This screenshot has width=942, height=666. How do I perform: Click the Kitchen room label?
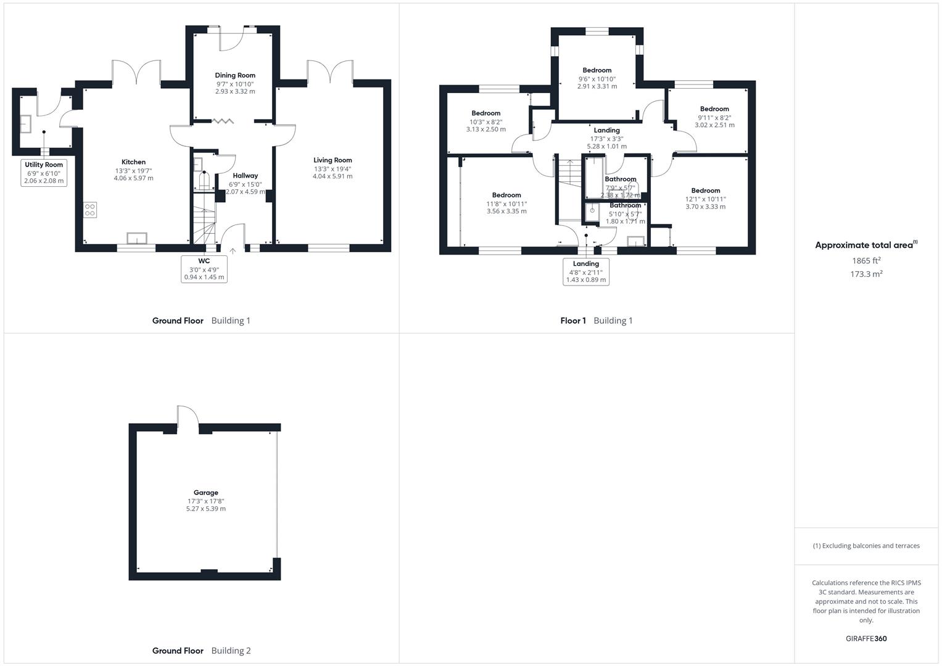click(133, 162)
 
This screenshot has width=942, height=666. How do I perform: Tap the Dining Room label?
click(235, 75)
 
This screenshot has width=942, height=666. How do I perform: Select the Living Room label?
click(333, 160)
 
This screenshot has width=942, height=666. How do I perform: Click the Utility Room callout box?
click(44, 173)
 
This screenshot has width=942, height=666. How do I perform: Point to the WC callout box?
click(204, 269)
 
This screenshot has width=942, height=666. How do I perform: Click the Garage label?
click(206, 493)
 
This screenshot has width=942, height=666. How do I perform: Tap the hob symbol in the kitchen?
click(90, 210)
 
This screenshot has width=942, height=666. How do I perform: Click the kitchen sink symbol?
click(136, 239)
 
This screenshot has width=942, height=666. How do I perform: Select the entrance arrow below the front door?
click(233, 251)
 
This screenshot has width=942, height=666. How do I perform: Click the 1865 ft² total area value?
click(866, 261)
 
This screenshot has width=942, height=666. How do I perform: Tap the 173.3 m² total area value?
click(866, 274)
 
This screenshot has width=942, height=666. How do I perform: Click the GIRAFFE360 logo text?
click(866, 639)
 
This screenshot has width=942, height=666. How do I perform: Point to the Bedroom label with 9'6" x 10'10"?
click(597, 70)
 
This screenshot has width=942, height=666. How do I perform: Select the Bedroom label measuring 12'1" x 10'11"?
click(706, 191)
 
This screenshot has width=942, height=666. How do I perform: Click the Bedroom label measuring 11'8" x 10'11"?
click(506, 195)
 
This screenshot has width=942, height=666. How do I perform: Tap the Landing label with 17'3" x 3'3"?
click(606, 131)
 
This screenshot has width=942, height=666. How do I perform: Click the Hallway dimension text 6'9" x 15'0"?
click(245, 184)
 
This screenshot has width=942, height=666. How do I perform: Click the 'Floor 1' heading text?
click(573, 321)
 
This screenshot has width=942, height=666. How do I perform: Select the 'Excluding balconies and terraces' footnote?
click(866, 546)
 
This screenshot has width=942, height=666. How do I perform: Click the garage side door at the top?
click(187, 418)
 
